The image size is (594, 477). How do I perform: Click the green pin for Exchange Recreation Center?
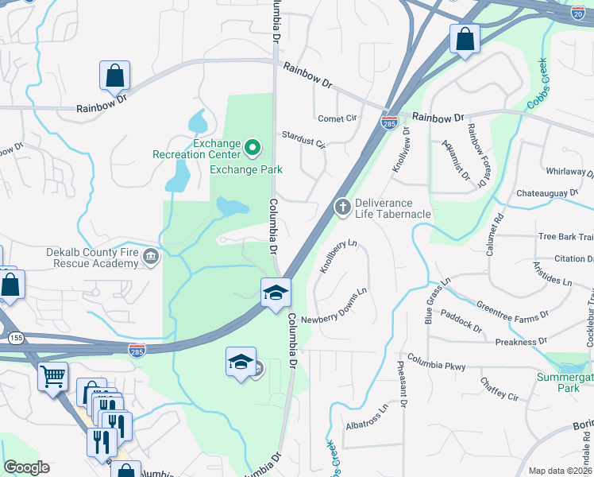pyautogui.click(x=253, y=147)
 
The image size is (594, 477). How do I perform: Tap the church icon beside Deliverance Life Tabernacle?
pyautogui.click(x=343, y=207)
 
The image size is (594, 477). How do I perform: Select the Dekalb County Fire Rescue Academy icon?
pyautogui.click(x=152, y=257)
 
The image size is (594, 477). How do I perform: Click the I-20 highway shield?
pyautogui.click(x=577, y=13)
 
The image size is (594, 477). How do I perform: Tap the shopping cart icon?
pyautogui.click(x=52, y=376)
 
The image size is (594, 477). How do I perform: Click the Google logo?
pyautogui.click(x=26, y=467)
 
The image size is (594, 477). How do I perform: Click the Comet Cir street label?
pyautogui.click(x=337, y=118)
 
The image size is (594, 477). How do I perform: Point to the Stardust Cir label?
pyautogui.click(x=304, y=140)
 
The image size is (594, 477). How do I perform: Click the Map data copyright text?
pyautogui.click(x=560, y=471)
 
